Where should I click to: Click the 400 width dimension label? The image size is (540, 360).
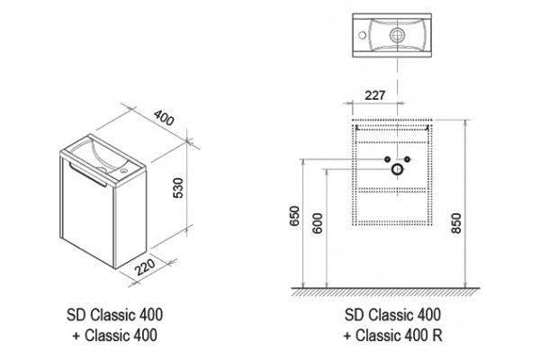point(164,118)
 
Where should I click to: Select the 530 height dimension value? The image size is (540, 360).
point(178,188)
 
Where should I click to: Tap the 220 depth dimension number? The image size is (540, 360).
point(145,267)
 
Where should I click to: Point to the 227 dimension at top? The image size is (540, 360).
point(374,95)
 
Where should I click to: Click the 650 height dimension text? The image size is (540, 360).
point(295,216)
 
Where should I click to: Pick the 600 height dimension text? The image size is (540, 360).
point(318,223)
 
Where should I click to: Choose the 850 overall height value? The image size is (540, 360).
point(456,223)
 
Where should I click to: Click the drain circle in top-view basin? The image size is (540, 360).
point(398,35)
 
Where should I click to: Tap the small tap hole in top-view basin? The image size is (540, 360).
point(363,35)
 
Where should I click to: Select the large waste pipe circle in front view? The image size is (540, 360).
point(398,169)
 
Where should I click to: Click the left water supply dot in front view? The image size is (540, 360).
point(387,159)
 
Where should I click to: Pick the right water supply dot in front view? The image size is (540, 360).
point(408,159)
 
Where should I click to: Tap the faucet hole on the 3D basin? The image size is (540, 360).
point(123,170)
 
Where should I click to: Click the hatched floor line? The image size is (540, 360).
point(386,292)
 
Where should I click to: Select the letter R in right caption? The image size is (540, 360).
point(437,335)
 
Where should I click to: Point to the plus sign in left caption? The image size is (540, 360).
point(76,336)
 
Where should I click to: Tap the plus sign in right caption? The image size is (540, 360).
point(347,336)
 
